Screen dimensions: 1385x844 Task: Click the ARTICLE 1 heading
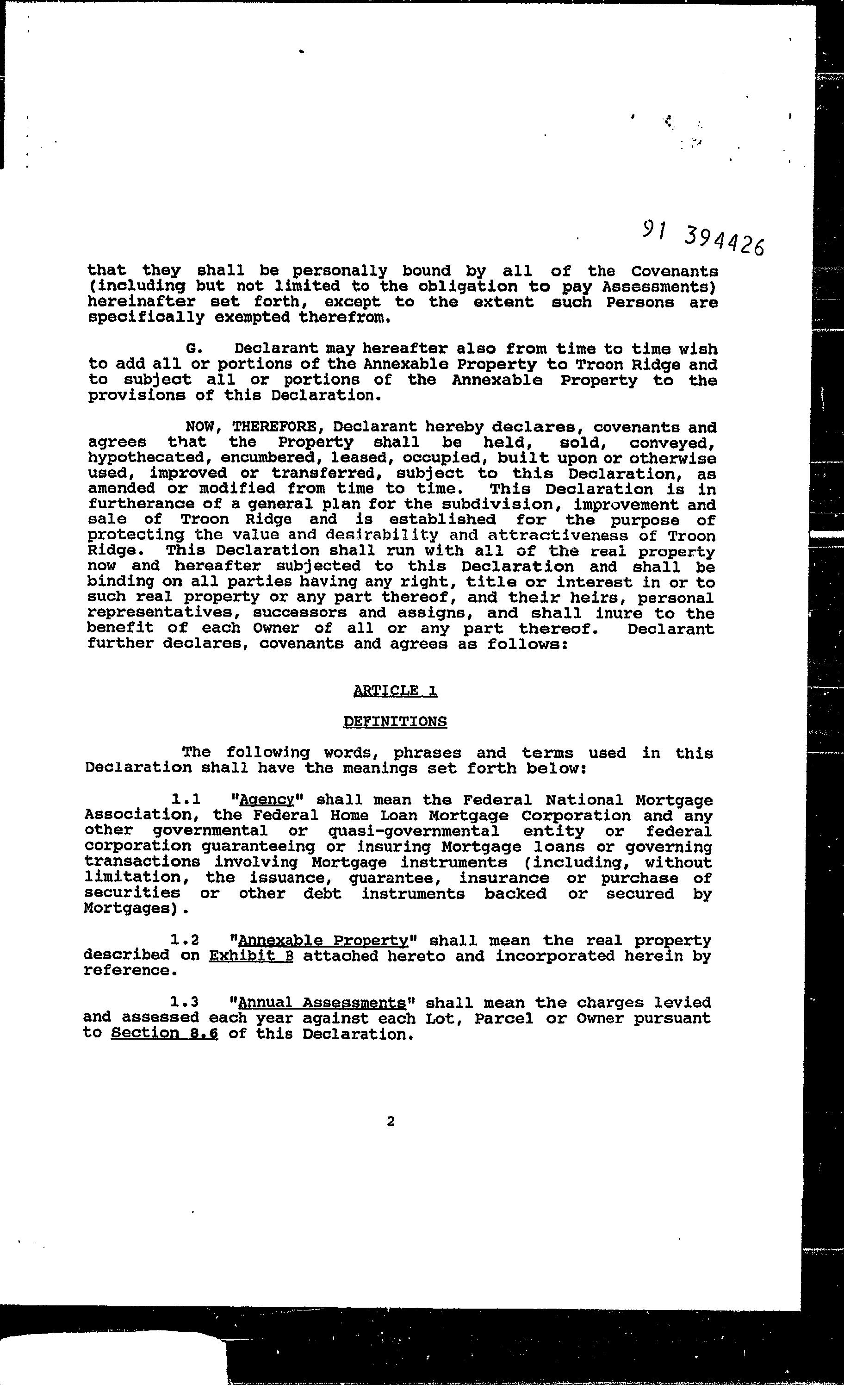tap(395, 690)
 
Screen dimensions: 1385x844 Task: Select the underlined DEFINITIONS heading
tap(395, 721)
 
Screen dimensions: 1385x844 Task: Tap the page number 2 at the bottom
tap(391, 1121)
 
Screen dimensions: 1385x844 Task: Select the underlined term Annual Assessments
tap(322, 1003)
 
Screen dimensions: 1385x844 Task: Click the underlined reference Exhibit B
tap(251, 955)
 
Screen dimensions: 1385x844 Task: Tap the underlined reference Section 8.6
tap(164, 1034)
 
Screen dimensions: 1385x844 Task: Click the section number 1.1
tap(186, 800)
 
